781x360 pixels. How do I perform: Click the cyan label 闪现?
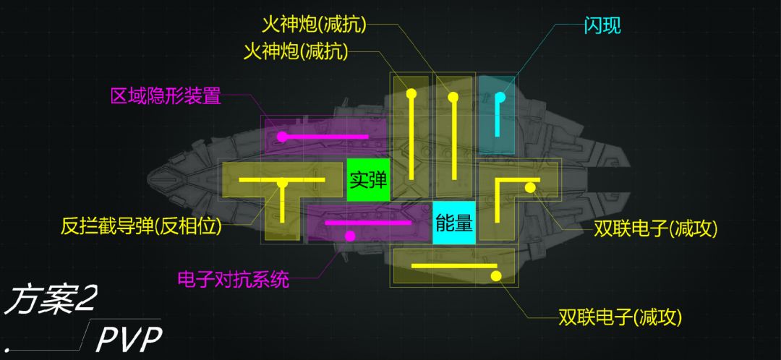(602, 26)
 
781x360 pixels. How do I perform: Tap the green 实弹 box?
(368, 179)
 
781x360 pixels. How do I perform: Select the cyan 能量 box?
(454, 223)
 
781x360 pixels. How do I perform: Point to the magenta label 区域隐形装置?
(166, 96)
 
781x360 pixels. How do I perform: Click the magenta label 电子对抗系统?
(234, 279)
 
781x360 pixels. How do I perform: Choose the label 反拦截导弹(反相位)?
(142, 226)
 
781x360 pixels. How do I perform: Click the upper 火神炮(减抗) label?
(314, 25)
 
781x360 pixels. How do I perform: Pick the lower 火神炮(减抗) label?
(296, 51)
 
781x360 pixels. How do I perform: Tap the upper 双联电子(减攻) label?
(655, 229)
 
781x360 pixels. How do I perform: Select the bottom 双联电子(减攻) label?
(620, 317)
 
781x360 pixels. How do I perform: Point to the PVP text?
(129, 338)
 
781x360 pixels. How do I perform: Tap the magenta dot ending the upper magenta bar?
(282, 136)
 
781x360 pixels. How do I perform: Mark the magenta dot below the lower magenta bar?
(350, 236)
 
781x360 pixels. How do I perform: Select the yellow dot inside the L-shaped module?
(529, 188)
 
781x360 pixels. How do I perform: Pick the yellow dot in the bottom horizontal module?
(496, 275)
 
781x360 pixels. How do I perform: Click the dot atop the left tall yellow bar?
(411, 93)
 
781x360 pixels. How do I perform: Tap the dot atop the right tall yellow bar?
(453, 96)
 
